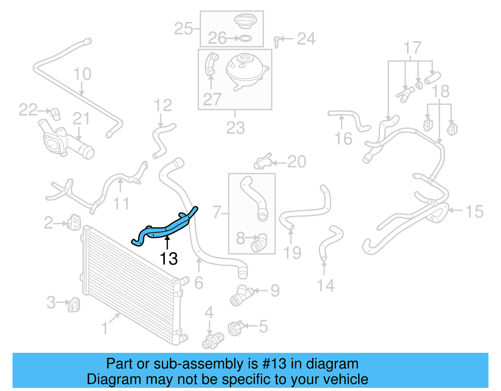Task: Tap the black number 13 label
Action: tap(168, 259)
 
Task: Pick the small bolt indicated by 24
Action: tap(276, 42)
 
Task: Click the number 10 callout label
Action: tap(82, 74)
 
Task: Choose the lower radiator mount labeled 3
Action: tap(74, 304)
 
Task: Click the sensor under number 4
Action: tap(213, 341)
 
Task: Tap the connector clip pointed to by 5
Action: tap(236, 328)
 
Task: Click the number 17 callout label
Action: tap(412, 48)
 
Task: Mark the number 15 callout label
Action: tap(474, 212)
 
